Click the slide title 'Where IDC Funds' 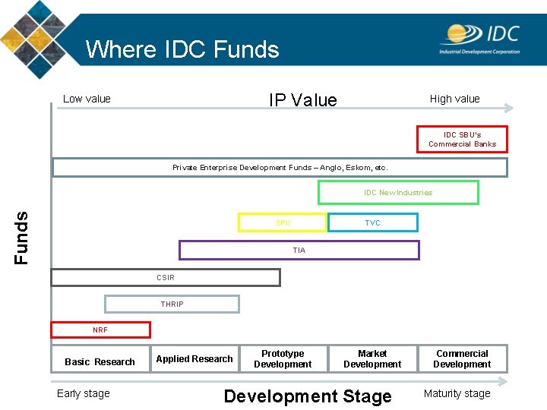click(x=182, y=49)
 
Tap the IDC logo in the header click(x=479, y=38)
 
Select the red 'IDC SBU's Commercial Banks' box click(x=462, y=140)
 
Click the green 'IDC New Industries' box click(x=398, y=193)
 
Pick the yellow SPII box click(x=283, y=222)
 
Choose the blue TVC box click(x=372, y=222)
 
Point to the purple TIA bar click(x=299, y=250)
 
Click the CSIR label click(x=166, y=278)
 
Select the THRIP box click(x=172, y=304)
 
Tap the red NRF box click(x=100, y=330)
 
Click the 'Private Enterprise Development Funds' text click(x=280, y=167)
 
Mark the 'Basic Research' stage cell click(x=100, y=362)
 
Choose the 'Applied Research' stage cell click(x=194, y=359)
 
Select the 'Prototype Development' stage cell click(x=283, y=359)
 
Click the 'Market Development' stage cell click(x=372, y=359)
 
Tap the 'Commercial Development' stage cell click(x=462, y=359)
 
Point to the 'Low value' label click(x=87, y=99)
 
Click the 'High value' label click(x=454, y=99)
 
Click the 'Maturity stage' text click(x=457, y=393)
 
